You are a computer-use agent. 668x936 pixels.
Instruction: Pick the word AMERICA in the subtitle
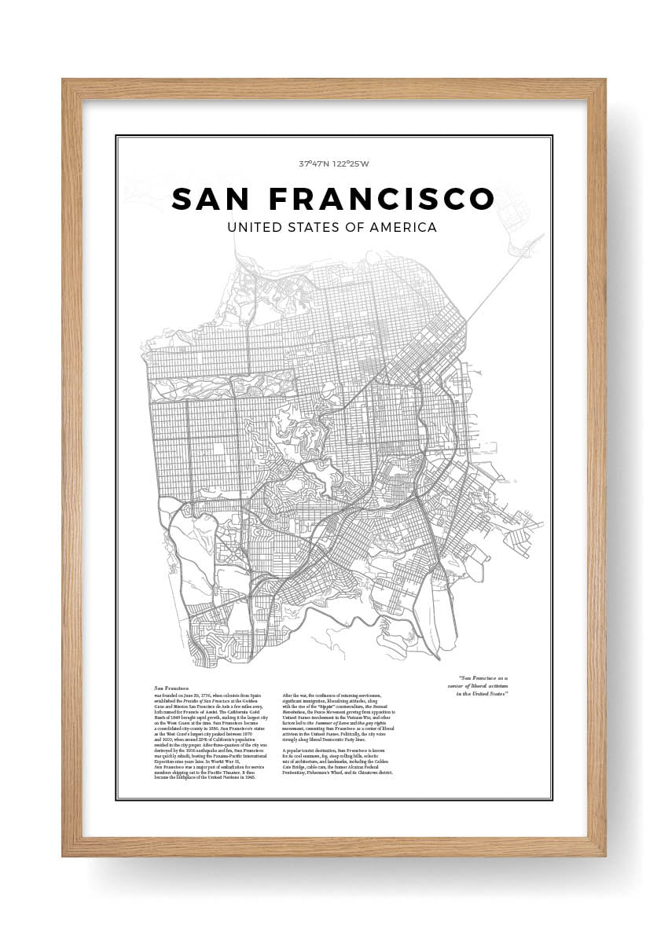coord(403,228)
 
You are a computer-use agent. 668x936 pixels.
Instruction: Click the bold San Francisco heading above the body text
coord(171,688)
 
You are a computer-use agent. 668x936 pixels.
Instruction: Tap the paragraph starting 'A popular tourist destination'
coord(338,762)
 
